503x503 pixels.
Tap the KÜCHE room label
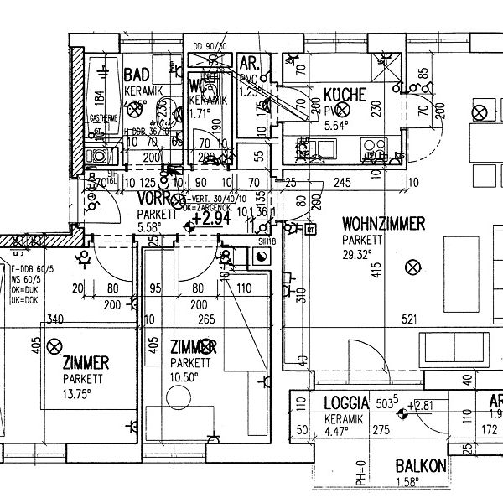click(x=345, y=95)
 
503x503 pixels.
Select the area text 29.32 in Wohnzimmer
click(x=358, y=252)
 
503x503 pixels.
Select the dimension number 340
click(x=56, y=319)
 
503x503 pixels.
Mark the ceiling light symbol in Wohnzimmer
click(x=411, y=267)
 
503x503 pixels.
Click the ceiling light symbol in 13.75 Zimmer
click(x=56, y=345)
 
